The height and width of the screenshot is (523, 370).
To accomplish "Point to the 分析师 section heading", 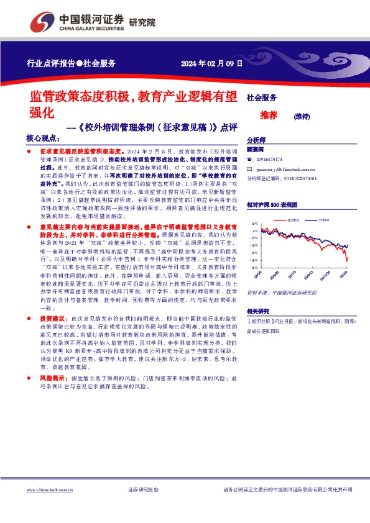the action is (256, 140).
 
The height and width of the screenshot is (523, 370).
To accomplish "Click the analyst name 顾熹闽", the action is (256, 150).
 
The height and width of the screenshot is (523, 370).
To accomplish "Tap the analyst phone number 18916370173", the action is (269, 160).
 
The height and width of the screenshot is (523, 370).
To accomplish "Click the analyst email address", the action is (285, 169).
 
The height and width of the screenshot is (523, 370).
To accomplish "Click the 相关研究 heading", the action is (258, 311).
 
